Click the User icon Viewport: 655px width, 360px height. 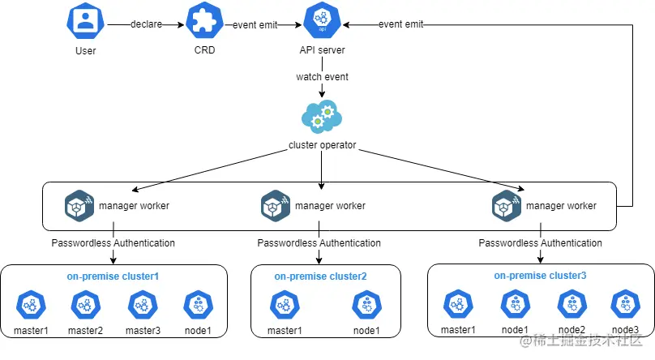(x=84, y=24)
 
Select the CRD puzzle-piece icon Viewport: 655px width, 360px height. (x=204, y=24)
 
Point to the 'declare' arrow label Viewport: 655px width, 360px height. (x=146, y=24)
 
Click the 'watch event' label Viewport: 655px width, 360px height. (x=323, y=77)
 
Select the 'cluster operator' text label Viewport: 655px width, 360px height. (x=323, y=146)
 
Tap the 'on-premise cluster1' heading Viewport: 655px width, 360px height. (x=113, y=276)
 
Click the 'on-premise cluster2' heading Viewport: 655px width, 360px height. (x=320, y=276)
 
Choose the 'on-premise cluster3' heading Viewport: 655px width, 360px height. (x=539, y=276)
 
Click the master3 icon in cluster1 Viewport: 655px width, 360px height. (x=143, y=306)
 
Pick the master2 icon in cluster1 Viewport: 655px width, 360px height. (x=85, y=306)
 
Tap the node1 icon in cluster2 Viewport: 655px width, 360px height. (x=366, y=306)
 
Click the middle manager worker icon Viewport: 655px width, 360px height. (x=276, y=205)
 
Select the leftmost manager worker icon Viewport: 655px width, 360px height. (x=79, y=205)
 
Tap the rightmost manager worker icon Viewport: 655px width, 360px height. (x=507, y=205)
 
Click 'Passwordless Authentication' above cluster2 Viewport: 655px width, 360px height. (x=319, y=242)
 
